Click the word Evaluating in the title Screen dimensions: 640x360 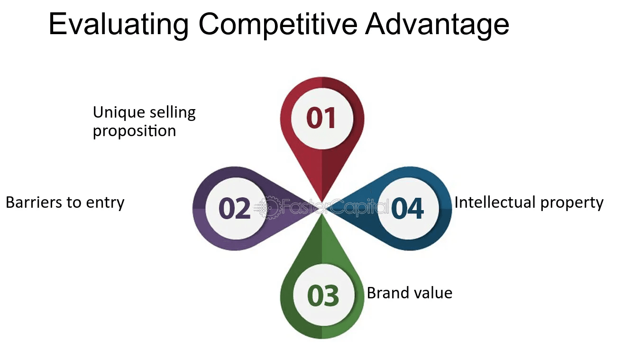[x=119, y=25]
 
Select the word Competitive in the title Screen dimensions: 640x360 [x=278, y=25]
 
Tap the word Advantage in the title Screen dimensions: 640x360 [x=437, y=25]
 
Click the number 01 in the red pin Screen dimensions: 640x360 [x=321, y=118]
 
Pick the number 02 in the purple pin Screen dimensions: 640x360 [x=235, y=208]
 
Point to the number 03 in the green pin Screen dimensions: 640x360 [x=323, y=295]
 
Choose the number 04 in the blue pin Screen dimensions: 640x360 [x=407, y=208]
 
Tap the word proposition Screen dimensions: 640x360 [x=134, y=131]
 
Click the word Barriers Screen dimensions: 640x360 [x=34, y=203]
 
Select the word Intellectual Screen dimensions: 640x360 [x=495, y=202]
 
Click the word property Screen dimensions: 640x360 [x=572, y=203]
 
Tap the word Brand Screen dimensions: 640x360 [x=383, y=293]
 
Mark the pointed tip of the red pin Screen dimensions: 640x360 [x=322, y=203]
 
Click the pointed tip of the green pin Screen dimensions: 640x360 [x=322, y=214]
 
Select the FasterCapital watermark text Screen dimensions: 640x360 [x=335, y=207]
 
